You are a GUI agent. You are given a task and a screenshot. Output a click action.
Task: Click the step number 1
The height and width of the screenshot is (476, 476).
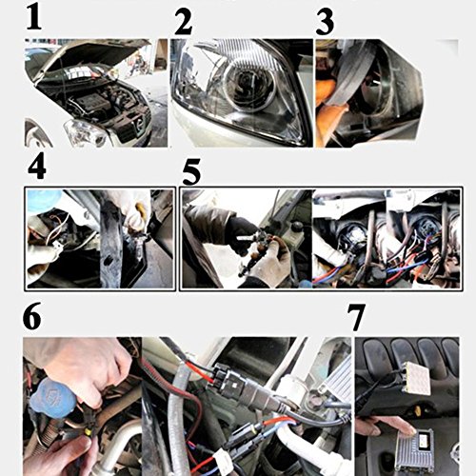[x=34, y=18]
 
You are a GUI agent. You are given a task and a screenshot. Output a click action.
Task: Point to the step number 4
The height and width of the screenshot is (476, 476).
[x=37, y=168]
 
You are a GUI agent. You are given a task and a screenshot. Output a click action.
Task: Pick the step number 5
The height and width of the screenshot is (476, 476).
[x=191, y=173]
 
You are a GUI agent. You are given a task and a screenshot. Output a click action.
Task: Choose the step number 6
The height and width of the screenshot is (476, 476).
[x=32, y=317]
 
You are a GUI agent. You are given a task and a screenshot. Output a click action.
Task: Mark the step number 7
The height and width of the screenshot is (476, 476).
[x=356, y=317]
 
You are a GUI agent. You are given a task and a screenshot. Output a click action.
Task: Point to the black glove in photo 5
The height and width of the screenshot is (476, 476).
[x=240, y=232]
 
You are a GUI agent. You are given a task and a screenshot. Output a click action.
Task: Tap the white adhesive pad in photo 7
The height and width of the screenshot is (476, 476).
[x=416, y=377]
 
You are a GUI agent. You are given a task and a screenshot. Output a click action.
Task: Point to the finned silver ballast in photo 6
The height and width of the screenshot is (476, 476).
[x=337, y=376]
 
